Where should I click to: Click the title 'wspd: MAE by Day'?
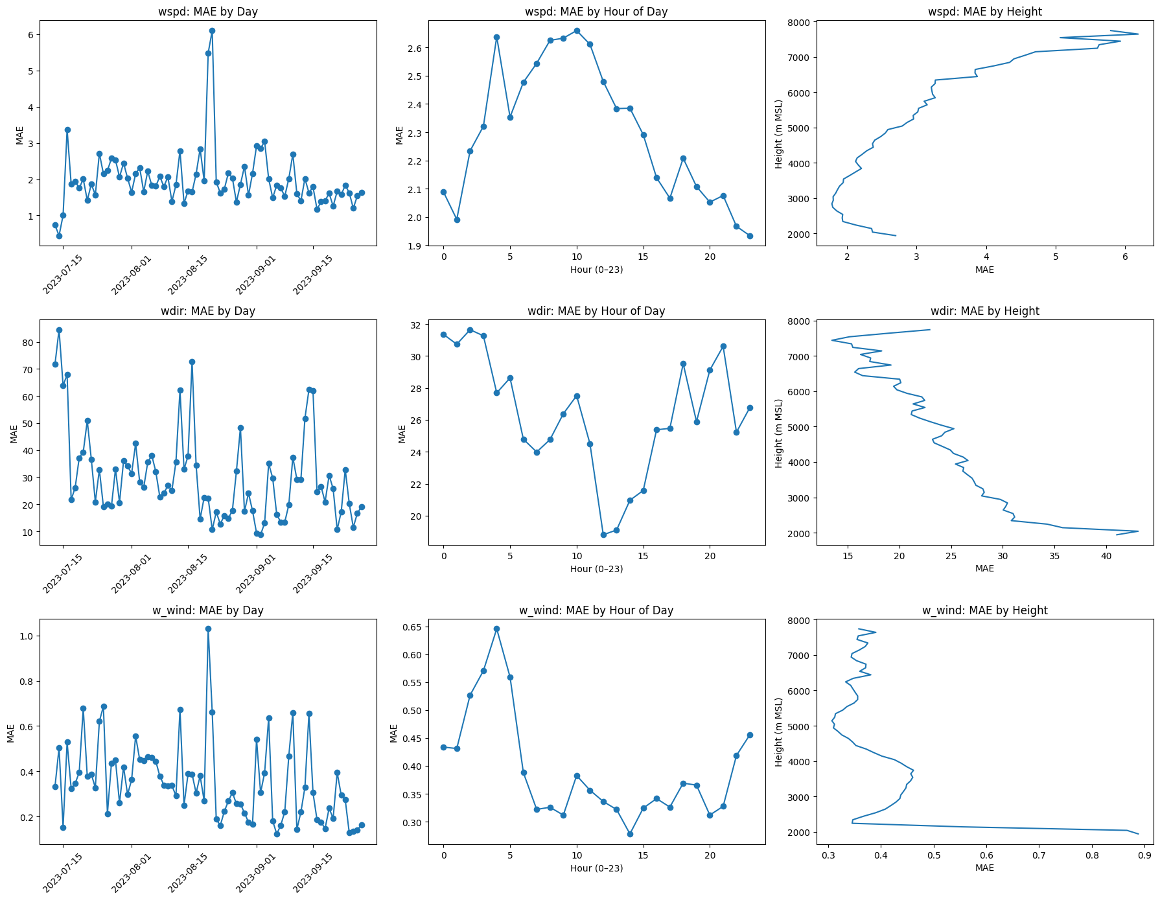pos(208,12)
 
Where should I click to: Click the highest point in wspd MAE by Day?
pos(212,30)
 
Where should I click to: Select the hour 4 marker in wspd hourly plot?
pos(496,37)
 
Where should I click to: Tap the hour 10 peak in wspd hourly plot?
pos(577,30)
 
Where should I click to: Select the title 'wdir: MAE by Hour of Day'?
pos(596,311)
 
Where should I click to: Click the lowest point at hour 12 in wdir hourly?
pos(603,535)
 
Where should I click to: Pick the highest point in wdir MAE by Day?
pos(59,330)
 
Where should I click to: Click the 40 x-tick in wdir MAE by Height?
pos(1106,556)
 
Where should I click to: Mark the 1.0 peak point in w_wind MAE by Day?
pos(208,629)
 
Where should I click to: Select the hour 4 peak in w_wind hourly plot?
pos(496,629)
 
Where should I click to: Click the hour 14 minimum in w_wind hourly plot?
pos(630,834)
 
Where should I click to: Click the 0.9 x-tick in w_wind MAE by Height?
pos(1144,855)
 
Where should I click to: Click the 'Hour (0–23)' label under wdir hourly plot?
pos(596,569)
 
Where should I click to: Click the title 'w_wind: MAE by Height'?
pos(984,610)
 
